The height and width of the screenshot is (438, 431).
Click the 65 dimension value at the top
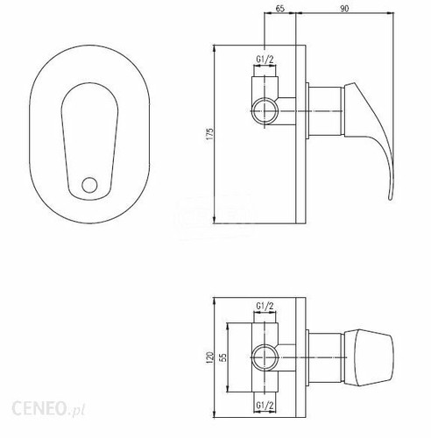click(279, 9)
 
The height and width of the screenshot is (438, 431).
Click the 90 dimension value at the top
click(344, 9)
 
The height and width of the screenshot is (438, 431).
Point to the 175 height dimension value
click(210, 134)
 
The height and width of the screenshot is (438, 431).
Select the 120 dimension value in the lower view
click(210, 357)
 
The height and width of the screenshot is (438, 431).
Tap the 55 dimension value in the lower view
click(223, 357)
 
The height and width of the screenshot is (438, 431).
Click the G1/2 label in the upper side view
click(265, 60)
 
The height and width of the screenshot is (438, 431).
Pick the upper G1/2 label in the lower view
click(265, 306)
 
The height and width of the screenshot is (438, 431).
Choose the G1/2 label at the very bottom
click(265, 406)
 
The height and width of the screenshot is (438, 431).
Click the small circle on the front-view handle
click(89, 185)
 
